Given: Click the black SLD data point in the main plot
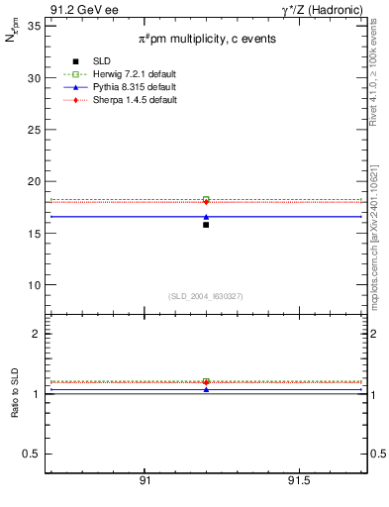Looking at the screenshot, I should tap(206, 225).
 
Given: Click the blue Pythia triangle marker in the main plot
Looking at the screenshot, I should tap(206, 216).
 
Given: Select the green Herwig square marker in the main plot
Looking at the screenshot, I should tap(206, 199).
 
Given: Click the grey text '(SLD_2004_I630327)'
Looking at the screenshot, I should tap(206, 296).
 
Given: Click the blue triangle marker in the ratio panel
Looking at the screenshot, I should tap(206, 389).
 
